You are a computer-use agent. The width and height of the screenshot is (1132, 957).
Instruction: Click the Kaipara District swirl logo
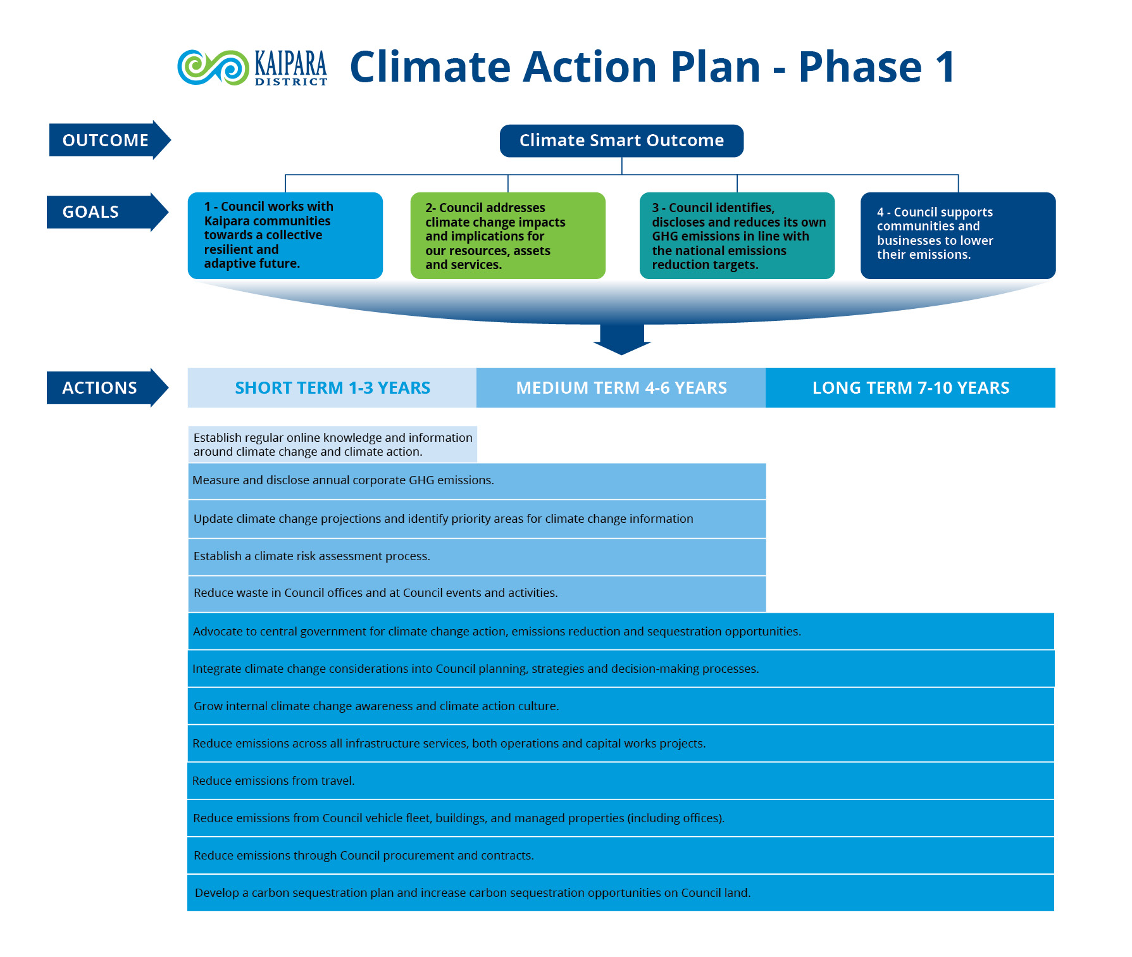tap(213, 67)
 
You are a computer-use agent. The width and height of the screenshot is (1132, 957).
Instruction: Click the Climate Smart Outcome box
tap(621, 141)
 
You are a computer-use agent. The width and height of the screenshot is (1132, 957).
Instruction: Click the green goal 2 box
tap(507, 235)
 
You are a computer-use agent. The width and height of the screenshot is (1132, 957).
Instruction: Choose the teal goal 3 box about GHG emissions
tap(737, 235)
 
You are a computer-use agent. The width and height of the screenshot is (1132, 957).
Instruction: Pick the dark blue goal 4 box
tap(957, 235)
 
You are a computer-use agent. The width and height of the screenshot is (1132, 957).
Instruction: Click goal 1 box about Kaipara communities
tap(285, 235)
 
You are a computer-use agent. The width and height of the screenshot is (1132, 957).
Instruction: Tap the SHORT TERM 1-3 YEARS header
tap(332, 387)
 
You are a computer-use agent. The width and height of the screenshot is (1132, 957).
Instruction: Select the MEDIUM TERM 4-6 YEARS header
tap(621, 387)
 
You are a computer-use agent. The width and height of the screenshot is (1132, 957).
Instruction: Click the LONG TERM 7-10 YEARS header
tap(910, 387)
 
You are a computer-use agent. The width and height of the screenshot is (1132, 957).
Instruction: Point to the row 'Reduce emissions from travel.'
tap(620, 780)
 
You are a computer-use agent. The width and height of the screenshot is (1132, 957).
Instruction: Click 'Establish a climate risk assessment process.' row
tap(476, 556)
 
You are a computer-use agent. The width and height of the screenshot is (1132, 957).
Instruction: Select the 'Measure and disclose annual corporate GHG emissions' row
tap(476, 480)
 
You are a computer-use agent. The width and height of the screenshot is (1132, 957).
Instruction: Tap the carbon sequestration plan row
tap(620, 892)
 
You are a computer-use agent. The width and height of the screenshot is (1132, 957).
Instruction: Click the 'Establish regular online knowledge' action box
tap(332, 444)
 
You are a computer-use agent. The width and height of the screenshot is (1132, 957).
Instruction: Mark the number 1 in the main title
tap(945, 67)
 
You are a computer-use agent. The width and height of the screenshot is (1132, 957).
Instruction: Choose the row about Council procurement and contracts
tap(620, 855)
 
